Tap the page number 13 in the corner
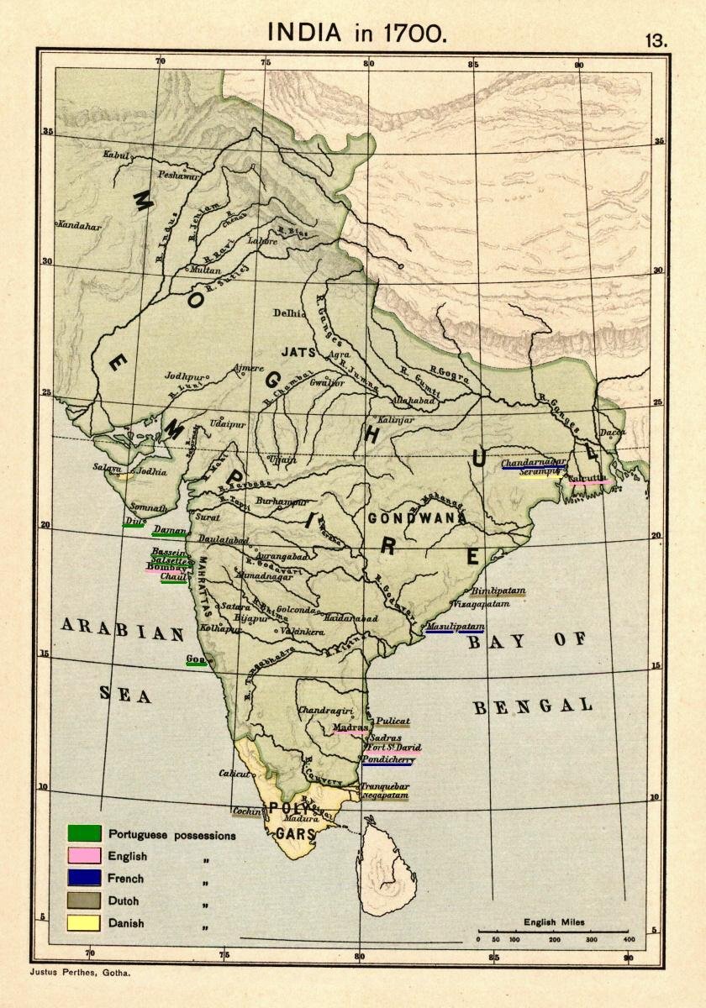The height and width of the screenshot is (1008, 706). (x=656, y=39)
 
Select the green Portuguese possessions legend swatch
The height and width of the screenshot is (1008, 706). (x=84, y=834)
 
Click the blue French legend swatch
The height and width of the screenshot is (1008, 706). (x=84, y=879)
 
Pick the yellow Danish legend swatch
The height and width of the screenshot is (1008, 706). (x=84, y=922)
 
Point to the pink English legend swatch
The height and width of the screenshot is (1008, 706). (x=84, y=856)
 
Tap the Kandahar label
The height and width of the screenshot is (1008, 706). (x=79, y=227)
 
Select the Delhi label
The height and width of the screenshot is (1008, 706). (x=287, y=313)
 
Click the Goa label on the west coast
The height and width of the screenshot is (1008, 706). (x=196, y=658)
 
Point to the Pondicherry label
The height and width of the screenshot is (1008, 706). (x=388, y=759)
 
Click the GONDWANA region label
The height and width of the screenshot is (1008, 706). (x=416, y=518)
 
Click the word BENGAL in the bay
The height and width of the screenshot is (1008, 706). (x=533, y=706)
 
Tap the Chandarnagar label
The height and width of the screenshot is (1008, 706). (x=534, y=462)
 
